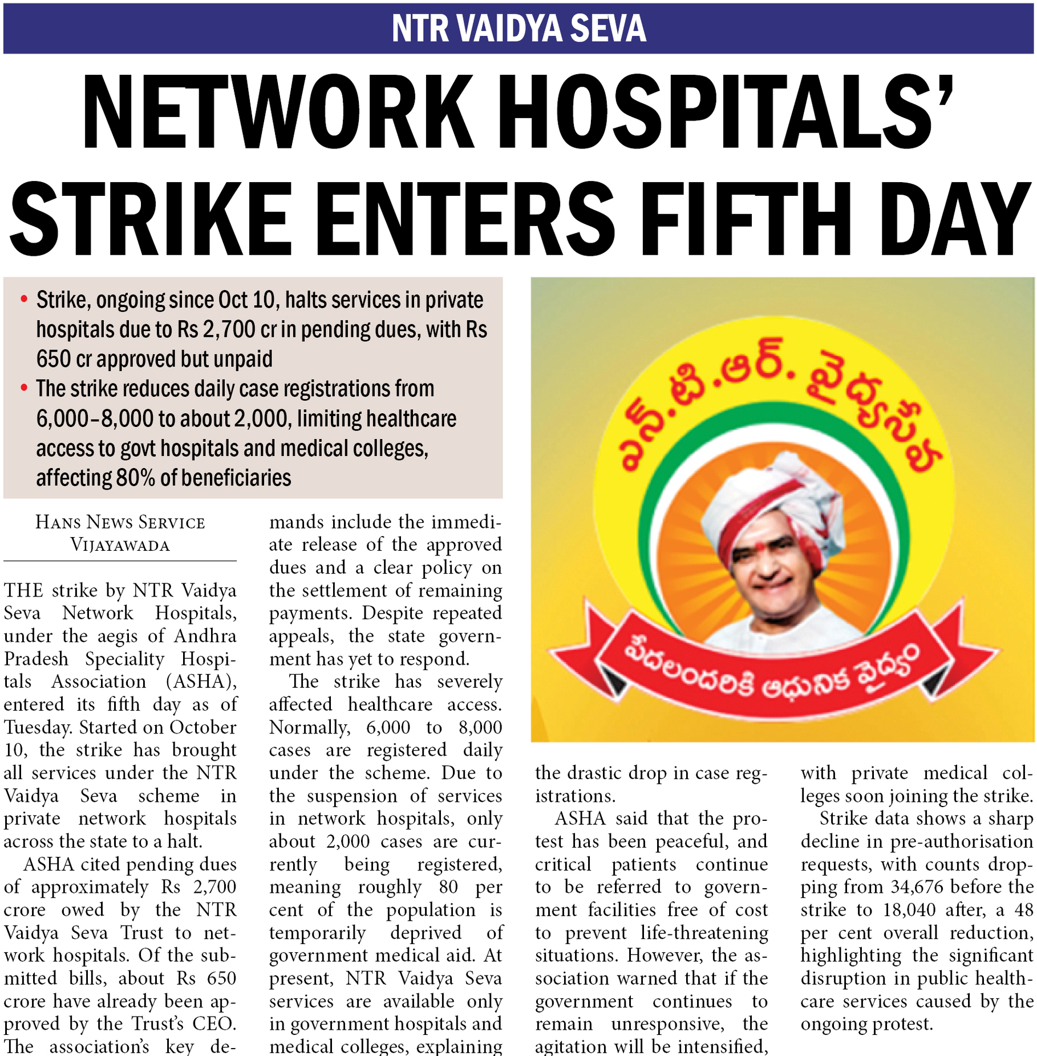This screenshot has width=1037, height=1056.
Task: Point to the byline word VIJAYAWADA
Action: pyautogui.click(x=120, y=545)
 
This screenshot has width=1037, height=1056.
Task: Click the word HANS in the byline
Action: pyautogui.click(x=54, y=522)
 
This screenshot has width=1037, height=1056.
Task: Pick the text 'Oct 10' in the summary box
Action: pyautogui.click(x=250, y=300)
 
